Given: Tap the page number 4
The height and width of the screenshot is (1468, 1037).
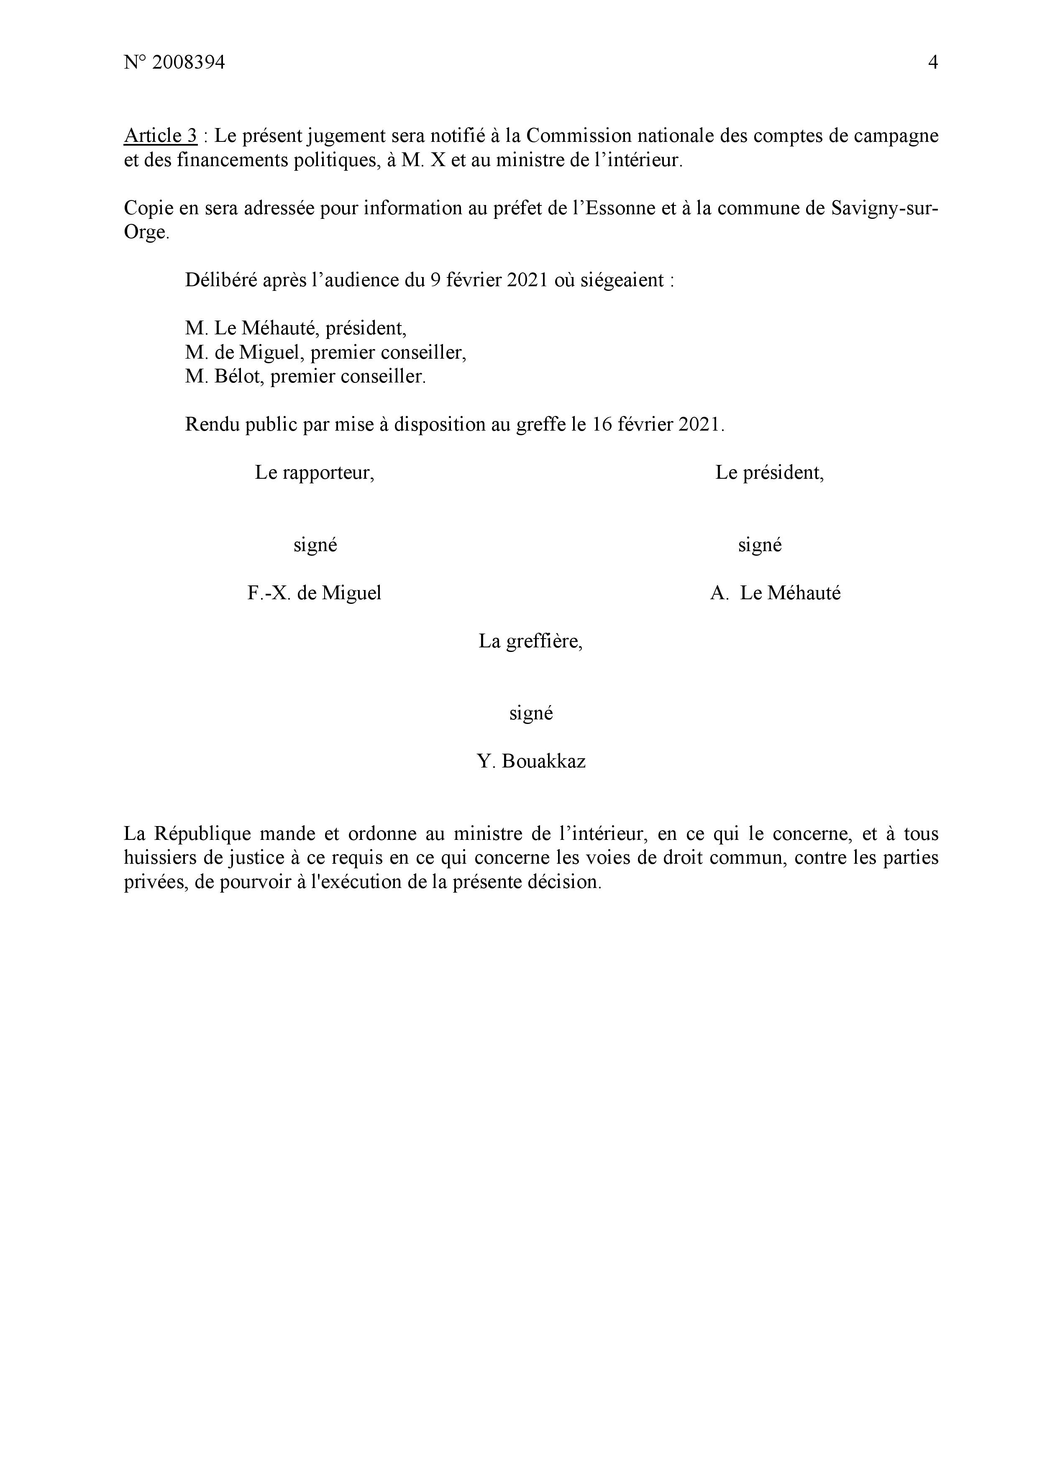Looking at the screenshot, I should pos(932,63).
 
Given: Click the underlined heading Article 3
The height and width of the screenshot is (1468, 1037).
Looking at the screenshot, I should pos(160,136).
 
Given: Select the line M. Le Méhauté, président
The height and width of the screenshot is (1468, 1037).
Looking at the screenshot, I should pos(296,328).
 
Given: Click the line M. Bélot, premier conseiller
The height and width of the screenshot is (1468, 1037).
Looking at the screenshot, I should pos(305,377).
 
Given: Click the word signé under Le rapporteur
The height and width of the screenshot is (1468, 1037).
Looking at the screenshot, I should pos(315,545).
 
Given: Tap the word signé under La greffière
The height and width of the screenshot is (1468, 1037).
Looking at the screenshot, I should pos(531,713).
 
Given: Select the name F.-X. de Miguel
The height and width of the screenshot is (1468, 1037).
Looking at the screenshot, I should pos(314,593).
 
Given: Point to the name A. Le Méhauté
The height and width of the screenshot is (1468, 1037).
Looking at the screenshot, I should pos(775,593).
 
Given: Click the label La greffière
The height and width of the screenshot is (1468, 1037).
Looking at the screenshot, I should pos(530,641).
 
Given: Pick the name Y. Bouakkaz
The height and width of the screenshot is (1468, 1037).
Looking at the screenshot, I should pos(531,761).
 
